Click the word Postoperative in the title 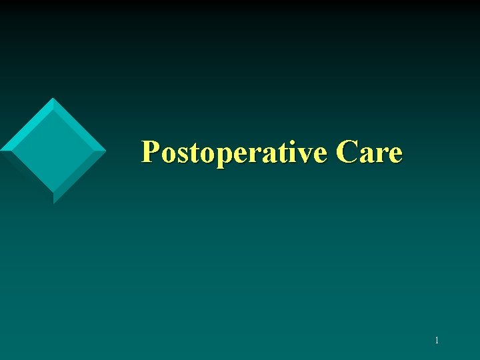(x=234, y=153)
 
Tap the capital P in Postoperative (x=150, y=153)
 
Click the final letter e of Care (x=395, y=155)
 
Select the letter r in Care (x=381, y=155)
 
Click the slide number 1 (x=437, y=341)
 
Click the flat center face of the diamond (x=53, y=151)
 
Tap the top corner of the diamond (x=53, y=99)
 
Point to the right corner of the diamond (x=105, y=151)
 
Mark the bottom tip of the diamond (x=53, y=203)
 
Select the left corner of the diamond (x=2, y=149)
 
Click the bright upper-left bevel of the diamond (x=25, y=125)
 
